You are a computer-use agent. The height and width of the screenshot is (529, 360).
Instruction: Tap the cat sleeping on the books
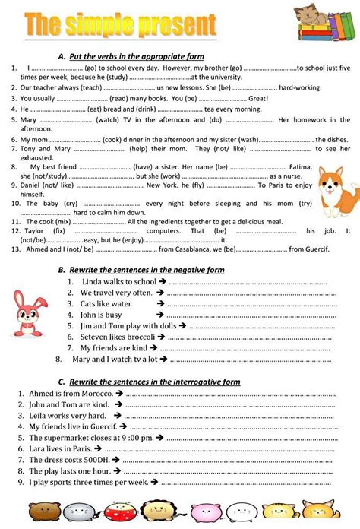point(320,23)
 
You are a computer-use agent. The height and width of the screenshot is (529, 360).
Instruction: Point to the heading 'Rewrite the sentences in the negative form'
point(144,270)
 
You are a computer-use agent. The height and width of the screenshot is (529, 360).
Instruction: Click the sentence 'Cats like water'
point(106,303)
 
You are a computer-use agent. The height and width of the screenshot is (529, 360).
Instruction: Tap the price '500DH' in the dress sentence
point(90,460)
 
